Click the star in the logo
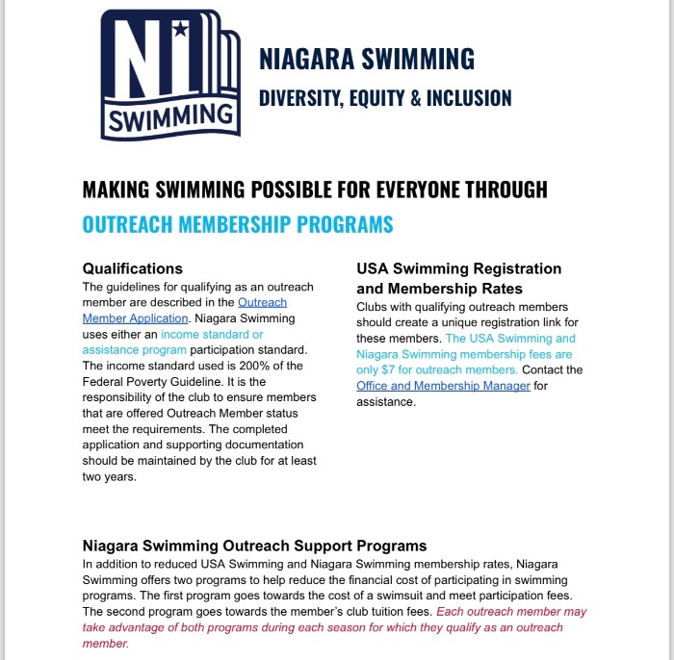pos(179,30)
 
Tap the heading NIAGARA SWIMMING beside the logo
pos(367,60)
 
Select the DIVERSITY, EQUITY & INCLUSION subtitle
pos(385,97)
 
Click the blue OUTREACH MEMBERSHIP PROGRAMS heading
pos(238,224)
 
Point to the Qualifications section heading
pos(133,268)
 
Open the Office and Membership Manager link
pos(443,386)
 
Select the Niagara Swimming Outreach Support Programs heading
pos(254,546)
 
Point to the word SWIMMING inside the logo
pos(170,118)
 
